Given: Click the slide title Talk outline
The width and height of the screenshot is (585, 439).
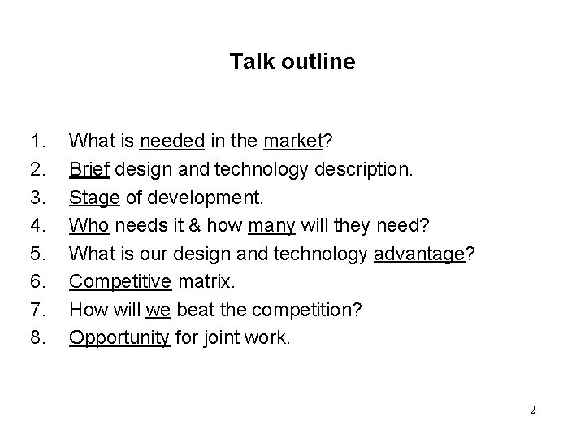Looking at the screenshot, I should pos(292,62).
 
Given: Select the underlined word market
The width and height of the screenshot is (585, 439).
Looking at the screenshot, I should pos(293,141).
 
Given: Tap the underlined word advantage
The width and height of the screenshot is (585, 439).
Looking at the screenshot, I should pos(419,254).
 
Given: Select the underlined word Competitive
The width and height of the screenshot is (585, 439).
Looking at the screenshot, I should pos(119,281).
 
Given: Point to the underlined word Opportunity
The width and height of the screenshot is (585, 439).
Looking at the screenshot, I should pos(119,337).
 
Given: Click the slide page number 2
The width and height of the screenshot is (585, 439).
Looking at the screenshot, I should pos(532,410).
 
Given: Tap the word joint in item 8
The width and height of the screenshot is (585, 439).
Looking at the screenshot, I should pos(225,337).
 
